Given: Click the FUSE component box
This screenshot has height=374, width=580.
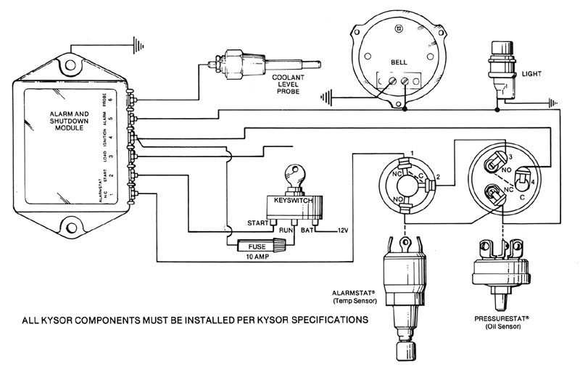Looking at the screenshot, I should [255, 244].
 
